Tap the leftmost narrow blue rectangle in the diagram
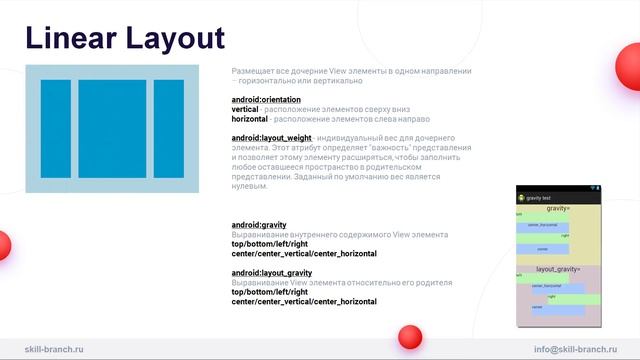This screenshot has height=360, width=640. (55, 129)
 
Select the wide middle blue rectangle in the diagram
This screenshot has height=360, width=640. (112, 129)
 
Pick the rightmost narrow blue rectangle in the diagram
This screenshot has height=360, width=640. (168, 129)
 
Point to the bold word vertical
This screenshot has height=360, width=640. (245, 109)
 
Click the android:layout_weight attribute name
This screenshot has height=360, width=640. (271, 137)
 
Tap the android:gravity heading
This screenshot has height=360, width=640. (259, 225)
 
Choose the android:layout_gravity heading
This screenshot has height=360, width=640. (271, 273)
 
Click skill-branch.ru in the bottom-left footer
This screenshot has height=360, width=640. (54, 349)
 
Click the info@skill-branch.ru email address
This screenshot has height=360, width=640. (576, 349)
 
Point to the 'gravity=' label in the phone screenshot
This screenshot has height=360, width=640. (557, 208)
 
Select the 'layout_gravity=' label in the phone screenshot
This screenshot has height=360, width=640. (557, 269)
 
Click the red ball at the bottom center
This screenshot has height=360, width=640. (409, 336)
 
